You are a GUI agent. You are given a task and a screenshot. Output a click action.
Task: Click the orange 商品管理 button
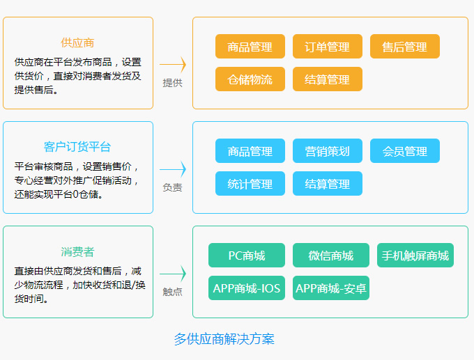(x=250, y=46)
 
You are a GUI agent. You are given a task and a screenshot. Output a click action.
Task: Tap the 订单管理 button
(x=328, y=46)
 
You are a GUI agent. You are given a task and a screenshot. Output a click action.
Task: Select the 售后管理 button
(x=405, y=46)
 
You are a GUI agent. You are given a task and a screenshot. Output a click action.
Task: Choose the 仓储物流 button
(x=250, y=79)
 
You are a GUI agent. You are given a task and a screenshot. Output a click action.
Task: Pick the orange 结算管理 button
(x=328, y=79)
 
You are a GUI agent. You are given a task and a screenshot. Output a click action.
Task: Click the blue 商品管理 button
(x=250, y=150)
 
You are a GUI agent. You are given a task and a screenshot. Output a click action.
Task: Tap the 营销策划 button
(x=328, y=150)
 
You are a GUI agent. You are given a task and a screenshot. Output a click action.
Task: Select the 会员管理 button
(x=405, y=150)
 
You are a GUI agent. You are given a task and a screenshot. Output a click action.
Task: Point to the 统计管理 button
(x=250, y=183)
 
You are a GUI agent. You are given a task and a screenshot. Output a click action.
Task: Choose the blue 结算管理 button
(x=328, y=183)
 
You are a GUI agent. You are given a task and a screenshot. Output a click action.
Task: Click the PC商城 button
(x=247, y=255)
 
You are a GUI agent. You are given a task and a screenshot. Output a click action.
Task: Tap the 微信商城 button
(x=331, y=255)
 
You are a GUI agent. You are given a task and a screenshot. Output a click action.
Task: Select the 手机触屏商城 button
(x=415, y=255)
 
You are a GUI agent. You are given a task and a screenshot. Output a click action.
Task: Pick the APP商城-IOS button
(x=247, y=288)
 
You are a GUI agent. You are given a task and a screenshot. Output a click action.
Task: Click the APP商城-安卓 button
(x=331, y=288)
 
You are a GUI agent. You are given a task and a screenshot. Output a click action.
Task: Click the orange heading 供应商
(x=77, y=43)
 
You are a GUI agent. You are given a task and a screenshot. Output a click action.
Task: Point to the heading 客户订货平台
(x=77, y=147)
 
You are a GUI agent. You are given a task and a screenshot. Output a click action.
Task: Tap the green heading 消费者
(x=77, y=251)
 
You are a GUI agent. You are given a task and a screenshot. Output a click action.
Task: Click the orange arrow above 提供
(x=173, y=64)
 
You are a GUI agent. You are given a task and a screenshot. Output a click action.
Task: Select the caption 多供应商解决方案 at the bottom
(x=224, y=339)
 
